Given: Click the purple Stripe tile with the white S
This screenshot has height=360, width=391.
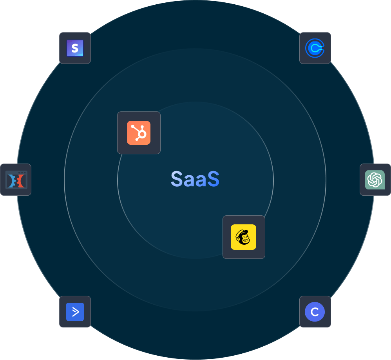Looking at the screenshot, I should pyautogui.click(x=75, y=48).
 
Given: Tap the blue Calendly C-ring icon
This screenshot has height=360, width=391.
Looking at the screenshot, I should pyautogui.click(x=315, y=48).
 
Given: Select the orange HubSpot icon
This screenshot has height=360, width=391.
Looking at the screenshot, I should pyautogui.click(x=139, y=133).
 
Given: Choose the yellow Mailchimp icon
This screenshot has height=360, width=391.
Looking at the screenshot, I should pyautogui.click(x=243, y=237).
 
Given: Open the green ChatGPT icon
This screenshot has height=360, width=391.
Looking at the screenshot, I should pyautogui.click(x=375, y=180).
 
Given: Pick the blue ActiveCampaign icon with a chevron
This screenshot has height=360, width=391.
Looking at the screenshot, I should pyautogui.click(x=75, y=312).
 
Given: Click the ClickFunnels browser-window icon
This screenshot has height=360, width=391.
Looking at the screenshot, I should pyautogui.click(x=16, y=180).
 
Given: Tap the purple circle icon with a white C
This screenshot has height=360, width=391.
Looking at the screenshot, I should pyautogui.click(x=315, y=312).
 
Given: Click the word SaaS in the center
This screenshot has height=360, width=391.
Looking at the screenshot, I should pyautogui.click(x=195, y=179).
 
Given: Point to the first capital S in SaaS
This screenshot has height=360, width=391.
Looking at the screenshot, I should pyautogui.click(x=177, y=179).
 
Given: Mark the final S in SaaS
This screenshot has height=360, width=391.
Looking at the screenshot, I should pyautogui.click(x=213, y=179).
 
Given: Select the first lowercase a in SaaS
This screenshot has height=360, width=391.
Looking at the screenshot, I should pyautogui.click(x=189, y=180).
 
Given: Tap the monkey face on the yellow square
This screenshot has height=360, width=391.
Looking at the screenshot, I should pyautogui.click(x=243, y=237).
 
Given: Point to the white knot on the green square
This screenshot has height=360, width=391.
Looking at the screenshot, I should pyautogui.click(x=375, y=180).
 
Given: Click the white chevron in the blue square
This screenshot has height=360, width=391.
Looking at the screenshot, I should pyautogui.click(x=75, y=312).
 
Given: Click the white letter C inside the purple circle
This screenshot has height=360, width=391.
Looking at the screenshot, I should pyautogui.click(x=315, y=312).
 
